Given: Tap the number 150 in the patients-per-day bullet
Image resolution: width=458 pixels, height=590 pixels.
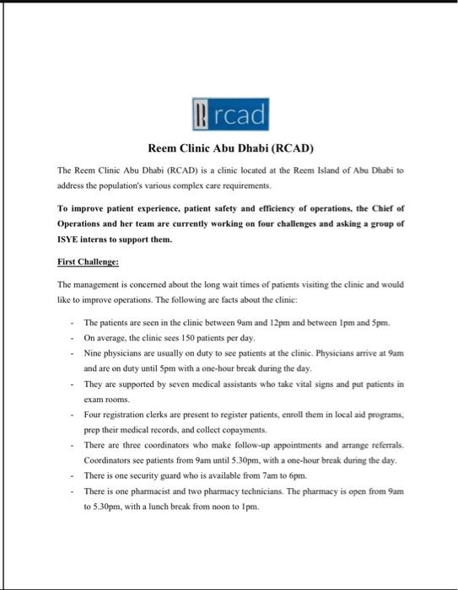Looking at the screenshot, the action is point(190,337).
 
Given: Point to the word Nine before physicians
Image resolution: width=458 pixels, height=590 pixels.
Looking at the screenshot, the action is point(94,353).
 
